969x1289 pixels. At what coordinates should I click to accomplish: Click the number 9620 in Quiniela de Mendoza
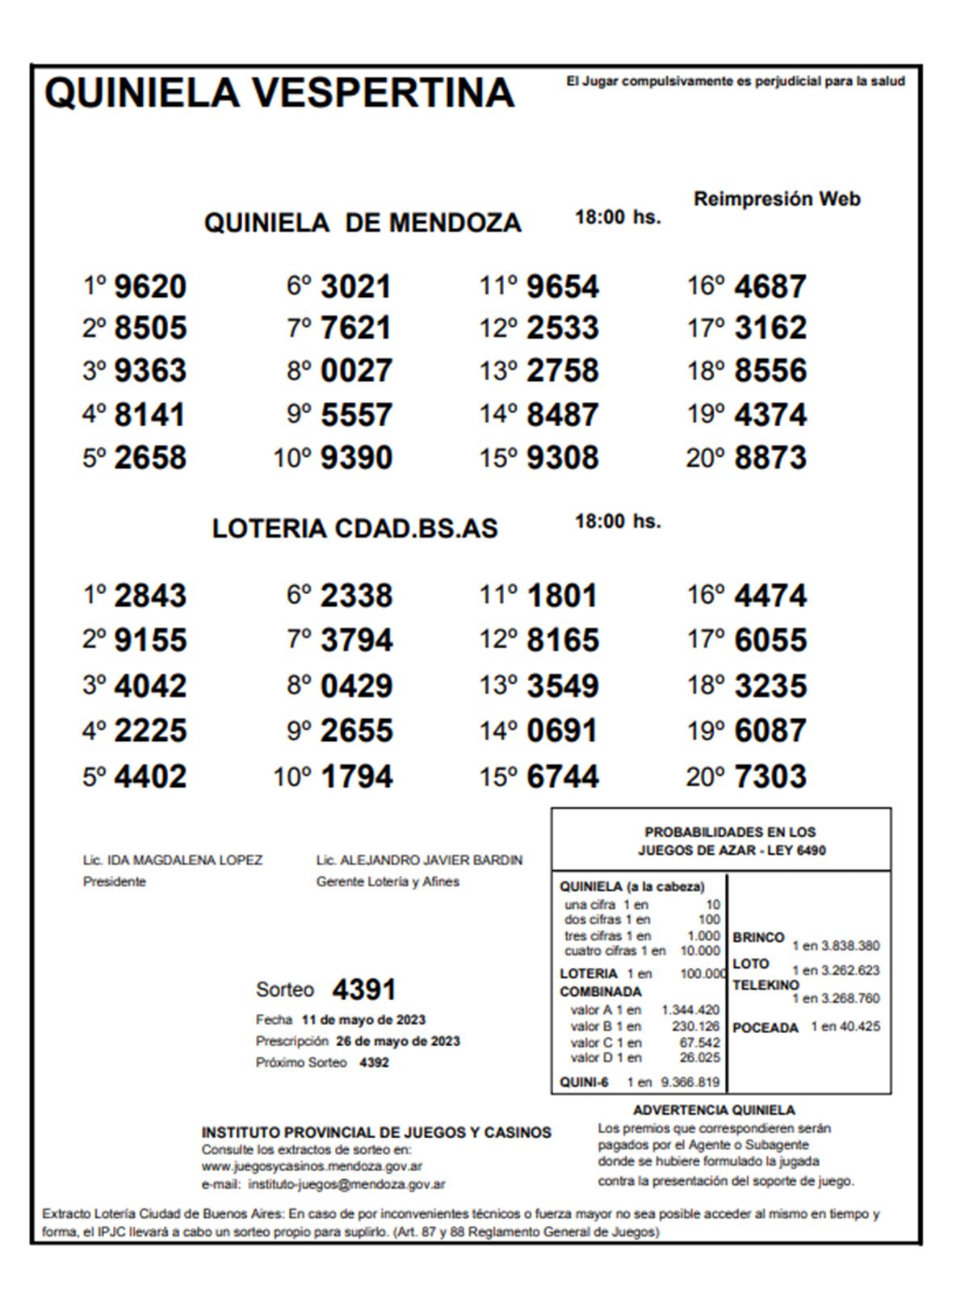150,287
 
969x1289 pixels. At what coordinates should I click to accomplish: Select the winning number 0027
356,371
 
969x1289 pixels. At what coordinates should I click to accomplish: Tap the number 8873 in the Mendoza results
770,458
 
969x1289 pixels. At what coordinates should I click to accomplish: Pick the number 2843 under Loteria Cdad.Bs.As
150,596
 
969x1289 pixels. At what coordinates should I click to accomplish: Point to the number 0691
563,731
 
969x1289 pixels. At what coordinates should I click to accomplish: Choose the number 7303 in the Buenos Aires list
770,776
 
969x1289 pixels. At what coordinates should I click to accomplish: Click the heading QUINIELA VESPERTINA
279,92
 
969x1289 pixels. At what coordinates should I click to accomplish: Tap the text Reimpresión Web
777,199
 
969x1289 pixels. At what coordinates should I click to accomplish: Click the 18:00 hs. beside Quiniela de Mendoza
618,216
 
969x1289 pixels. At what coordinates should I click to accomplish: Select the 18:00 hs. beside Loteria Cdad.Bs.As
618,521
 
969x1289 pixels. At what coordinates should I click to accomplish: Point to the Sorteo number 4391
364,990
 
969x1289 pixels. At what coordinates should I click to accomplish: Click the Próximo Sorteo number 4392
374,1063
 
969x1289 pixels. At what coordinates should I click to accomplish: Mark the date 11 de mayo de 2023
363,1020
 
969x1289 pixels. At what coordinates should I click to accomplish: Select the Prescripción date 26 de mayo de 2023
398,1041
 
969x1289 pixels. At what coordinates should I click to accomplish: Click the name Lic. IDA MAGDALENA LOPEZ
173,860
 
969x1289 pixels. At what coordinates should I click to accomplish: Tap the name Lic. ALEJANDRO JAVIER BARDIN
419,860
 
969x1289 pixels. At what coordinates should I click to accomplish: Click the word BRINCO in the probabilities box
758,938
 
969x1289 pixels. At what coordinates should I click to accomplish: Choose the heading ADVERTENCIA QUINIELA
714,1111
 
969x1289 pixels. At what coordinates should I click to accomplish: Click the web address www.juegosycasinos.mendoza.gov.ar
312,1166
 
